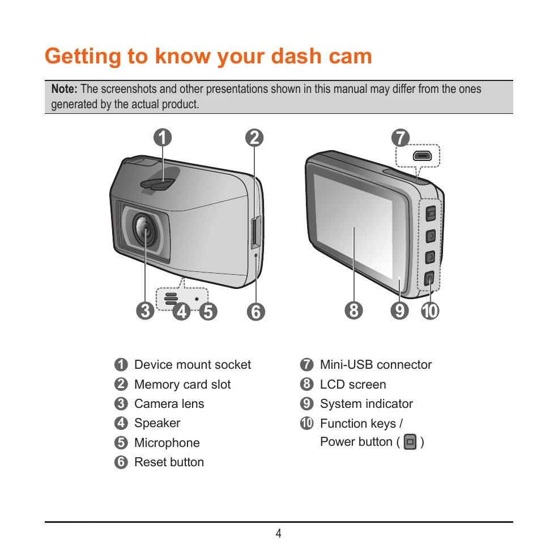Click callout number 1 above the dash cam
(163, 138)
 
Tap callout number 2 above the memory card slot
(254, 138)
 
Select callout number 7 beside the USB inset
(401, 138)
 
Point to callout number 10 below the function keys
(430, 310)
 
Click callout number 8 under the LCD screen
(353, 310)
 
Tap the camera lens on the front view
(145, 229)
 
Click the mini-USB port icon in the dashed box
(422, 156)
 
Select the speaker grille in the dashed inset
(171, 299)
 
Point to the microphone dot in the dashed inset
(197, 299)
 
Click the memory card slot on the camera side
(256, 232)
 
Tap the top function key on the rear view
(431, 214)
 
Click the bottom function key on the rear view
(429, 278)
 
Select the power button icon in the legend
(410, 442)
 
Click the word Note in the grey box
(64, 88)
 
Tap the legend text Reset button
(169, 462)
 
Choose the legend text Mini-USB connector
(376, 364)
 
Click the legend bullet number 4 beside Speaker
(121, 423)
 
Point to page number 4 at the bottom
(279, 533)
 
